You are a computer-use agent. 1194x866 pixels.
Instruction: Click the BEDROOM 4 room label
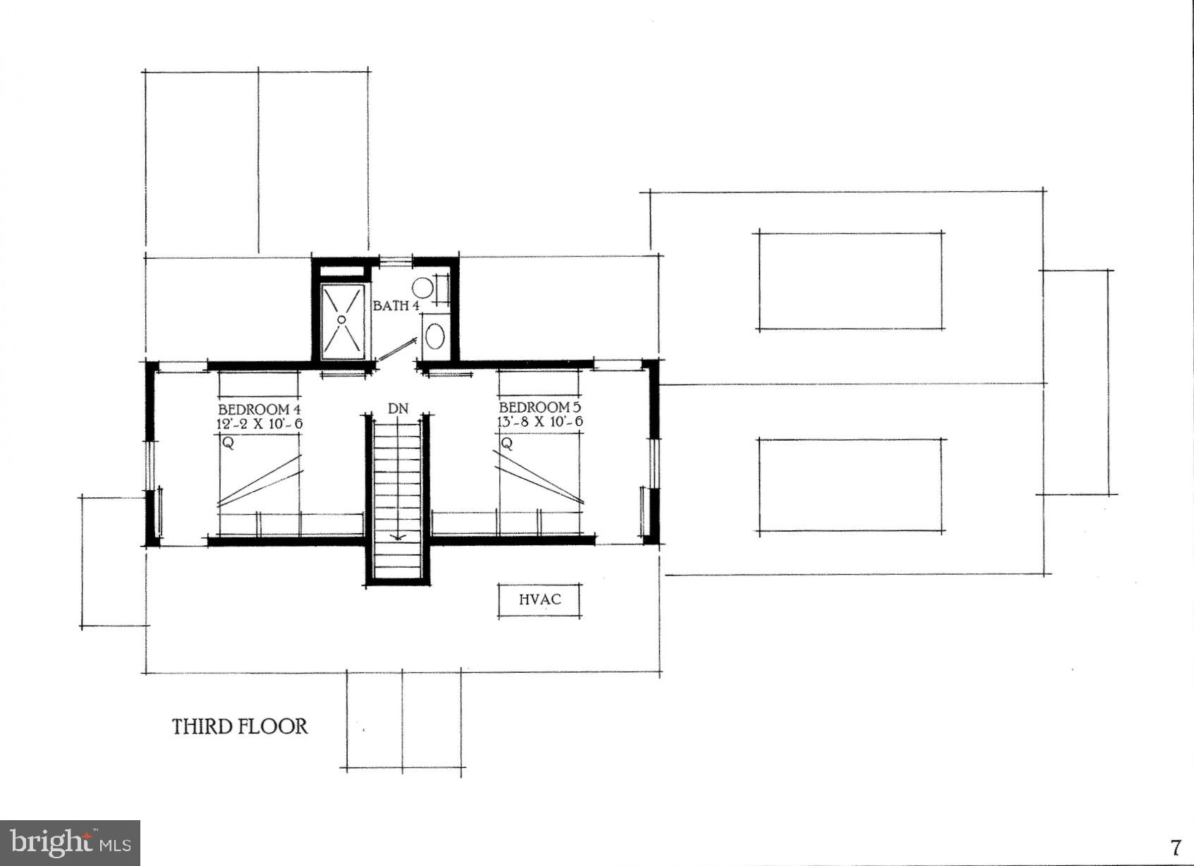[253, 410]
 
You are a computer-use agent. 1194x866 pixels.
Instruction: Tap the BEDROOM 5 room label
[535, 408]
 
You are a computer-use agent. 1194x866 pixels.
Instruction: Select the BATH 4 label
[396, 306]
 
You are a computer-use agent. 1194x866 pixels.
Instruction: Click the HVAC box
[540, 600]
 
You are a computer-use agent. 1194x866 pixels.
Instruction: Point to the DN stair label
[398, 408]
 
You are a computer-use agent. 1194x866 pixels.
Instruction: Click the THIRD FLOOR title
[240, 726]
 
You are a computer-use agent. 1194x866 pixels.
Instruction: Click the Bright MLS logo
[70, 843]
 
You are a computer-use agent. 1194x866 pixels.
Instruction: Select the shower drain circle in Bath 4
[341, 319]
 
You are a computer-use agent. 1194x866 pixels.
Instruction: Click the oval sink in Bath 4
[434, 335]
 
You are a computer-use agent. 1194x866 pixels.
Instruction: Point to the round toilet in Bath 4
[422, 287]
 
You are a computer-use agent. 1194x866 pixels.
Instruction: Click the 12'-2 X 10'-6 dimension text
[260, 424]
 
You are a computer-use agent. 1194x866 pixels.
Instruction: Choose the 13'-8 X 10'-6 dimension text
[541, 422]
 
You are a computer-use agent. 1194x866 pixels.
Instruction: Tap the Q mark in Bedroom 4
[227, 444]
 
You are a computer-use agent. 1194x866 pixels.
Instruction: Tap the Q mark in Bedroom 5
[506, 444]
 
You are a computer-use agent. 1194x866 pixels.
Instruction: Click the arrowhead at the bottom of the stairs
[398, 539]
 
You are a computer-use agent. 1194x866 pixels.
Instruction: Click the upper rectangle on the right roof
[851, 281]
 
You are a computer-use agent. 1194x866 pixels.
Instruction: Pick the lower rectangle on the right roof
[851, 485]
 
